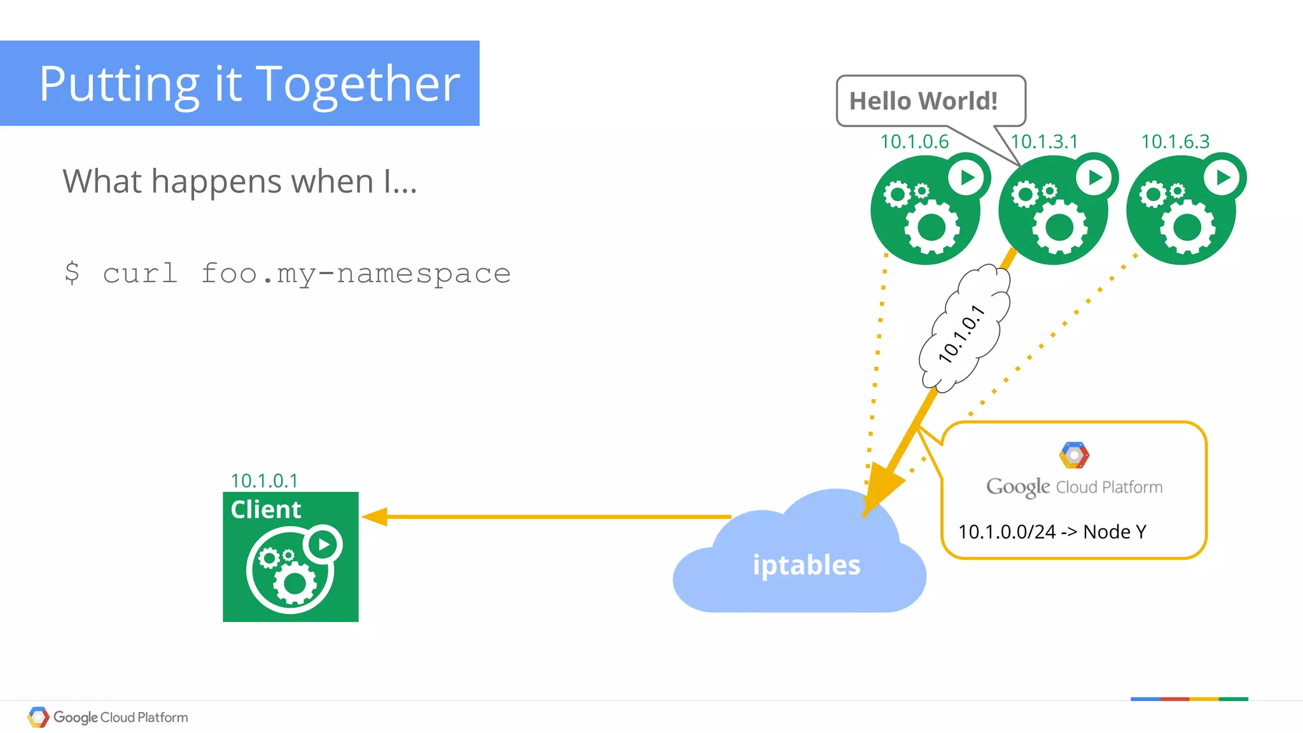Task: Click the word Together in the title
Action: pos(358,84)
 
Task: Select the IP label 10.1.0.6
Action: pos(914,142)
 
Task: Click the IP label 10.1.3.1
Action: pos(1044,142)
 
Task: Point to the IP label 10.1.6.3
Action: pos(1175,142)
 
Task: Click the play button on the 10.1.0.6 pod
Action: pos(968,177)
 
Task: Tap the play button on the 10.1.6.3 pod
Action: pos(1223,177)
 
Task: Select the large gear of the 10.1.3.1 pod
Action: pos(1059,227)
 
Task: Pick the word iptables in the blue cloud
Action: pos(806,565)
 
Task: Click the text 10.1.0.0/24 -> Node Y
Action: pos(1052,531)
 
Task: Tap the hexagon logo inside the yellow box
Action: pos(1074,455)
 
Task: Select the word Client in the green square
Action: pos(265,510)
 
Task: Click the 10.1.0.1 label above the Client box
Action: pos(264,481)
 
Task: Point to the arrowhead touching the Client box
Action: pos(374,517)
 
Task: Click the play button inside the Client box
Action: pos(323,545)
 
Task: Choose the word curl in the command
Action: pos(140,273)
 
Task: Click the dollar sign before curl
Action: pos(72,273)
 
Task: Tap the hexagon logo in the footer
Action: pos(38,717)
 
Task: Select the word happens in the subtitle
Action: pos(216,182)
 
